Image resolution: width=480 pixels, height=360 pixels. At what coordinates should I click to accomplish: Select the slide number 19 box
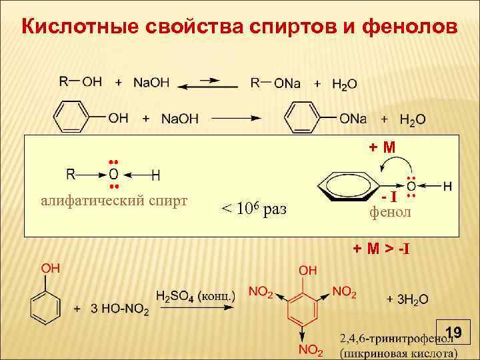click(453, 331)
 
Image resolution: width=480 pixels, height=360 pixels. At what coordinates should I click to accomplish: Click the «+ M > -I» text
click(381, 249)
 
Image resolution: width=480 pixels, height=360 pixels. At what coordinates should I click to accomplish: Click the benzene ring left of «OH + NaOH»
click(71, 117)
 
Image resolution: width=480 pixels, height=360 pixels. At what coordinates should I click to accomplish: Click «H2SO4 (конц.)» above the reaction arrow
click(195, 295)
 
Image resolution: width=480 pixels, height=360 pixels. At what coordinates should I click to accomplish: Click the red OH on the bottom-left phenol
click(51, 268)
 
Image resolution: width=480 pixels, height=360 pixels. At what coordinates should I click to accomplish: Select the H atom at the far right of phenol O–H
click(447, 185)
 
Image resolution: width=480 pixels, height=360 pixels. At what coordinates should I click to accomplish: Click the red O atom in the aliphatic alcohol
click(113, 175)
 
